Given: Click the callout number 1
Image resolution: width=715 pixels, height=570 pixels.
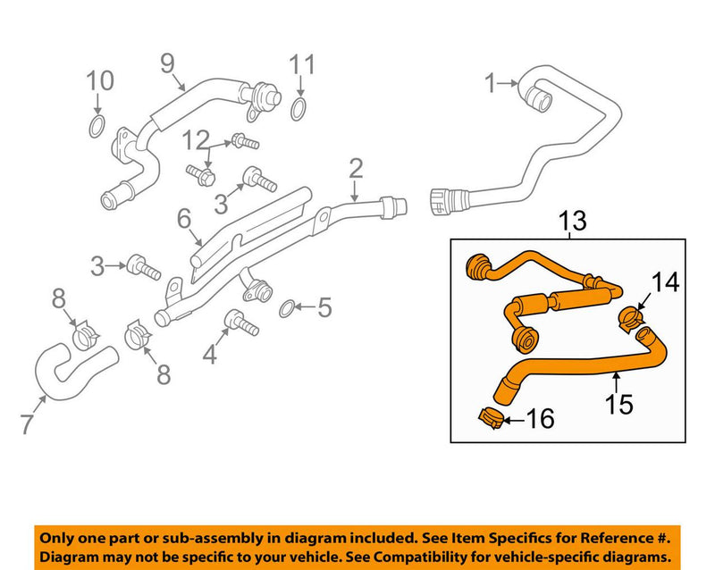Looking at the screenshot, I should [489, 84].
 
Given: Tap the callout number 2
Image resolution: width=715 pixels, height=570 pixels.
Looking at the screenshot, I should [356, 167].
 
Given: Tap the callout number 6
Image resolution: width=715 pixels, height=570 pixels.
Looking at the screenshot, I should [184, 218].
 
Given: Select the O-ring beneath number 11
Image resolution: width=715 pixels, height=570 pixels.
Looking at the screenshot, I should [301, 110].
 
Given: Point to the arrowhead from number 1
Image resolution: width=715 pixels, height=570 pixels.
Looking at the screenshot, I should [518, 85].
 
